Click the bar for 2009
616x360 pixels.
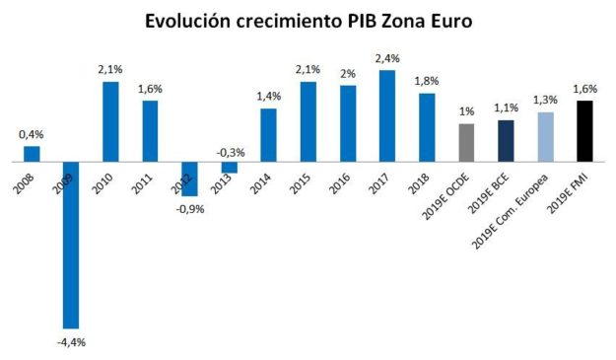tap(71, 244)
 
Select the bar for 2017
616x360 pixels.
tap(387, 114)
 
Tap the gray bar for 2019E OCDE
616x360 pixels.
tap(466, 141)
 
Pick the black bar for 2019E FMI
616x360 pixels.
tap(584, 129)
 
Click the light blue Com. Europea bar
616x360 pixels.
tap(545, 135)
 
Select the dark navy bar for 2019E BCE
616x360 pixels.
tap(506, 139)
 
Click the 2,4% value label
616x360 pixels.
tap(387, 58)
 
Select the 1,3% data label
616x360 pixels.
tap(545, 100)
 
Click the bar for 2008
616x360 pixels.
tap(32, 153)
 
